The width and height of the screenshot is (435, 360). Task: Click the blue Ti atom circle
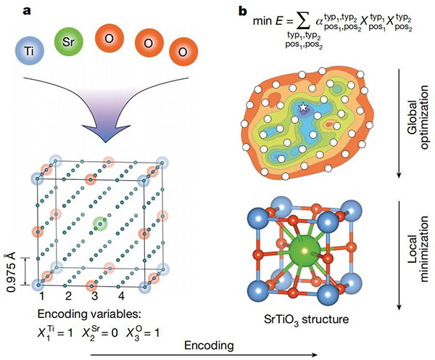pos(30,51)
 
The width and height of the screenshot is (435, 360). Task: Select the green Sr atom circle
pos(69,42)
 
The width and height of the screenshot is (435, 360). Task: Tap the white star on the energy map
pos(303,107)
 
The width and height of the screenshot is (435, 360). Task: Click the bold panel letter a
pos(27,11)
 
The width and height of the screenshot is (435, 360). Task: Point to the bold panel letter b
pos(243,11)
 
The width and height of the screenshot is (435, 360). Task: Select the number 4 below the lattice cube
pos(121,296)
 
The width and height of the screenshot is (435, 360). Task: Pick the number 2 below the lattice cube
pos(68,296)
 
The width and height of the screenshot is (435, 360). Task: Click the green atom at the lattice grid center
pos(100,224)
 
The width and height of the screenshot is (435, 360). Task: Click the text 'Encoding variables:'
pos(90,314)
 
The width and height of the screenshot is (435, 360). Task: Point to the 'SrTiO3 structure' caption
pos(306,319)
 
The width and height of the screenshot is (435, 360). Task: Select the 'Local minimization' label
pos(418,249)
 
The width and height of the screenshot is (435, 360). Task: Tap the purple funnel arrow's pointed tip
pos(105,142)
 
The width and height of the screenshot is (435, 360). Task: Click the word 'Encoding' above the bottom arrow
pos(210,345)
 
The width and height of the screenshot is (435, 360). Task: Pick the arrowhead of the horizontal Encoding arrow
pos(315,355)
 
